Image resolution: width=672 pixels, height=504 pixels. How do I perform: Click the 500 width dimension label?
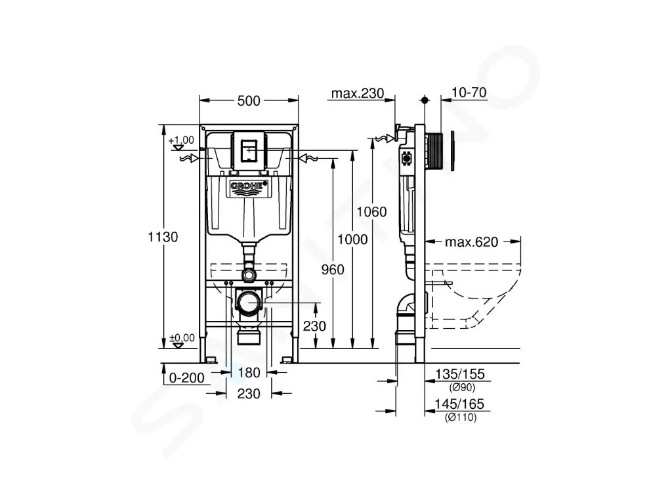248,100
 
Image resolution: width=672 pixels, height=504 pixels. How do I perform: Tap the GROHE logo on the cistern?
249,187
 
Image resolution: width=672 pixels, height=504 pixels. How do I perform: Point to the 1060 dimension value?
371,211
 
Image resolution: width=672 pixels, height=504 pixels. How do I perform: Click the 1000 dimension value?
353,240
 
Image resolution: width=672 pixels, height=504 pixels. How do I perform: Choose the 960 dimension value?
333,268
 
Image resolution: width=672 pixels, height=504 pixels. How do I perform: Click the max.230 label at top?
357,93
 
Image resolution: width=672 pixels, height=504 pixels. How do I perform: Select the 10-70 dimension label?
469,93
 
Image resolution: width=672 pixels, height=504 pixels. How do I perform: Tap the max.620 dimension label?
472,241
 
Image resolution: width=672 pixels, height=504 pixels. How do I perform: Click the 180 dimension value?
249,373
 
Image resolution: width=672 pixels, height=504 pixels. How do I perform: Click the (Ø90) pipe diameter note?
461,387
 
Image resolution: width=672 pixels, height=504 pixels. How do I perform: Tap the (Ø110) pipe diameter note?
460,417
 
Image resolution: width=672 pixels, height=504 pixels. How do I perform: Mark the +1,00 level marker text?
181,140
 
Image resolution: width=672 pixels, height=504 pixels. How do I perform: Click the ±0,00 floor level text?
182,337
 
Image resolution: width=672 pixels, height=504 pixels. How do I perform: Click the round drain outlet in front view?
248,303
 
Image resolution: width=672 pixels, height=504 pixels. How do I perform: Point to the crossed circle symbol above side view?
425,100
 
